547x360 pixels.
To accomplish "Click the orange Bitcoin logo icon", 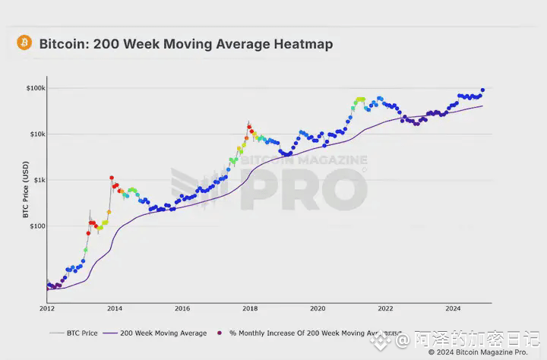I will (x=24, y=43).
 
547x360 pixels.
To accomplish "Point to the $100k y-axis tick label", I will (x=35, y=88).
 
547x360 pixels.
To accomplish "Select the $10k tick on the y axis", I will (x=36, y=134).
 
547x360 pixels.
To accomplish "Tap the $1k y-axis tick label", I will (x=38, y=181).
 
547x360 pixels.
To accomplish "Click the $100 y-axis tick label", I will (x=36, y=226).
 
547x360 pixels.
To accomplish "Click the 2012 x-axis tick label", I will (x=47, y=308).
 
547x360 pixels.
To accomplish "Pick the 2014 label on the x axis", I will (x=115, y=308).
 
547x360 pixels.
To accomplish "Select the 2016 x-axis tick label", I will (x=182, y=308).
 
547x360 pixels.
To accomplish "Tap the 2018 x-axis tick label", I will (x=250, y=308).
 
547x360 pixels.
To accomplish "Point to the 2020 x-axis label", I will (x=318, y=308).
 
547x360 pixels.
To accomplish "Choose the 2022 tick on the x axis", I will (x=385, y=308).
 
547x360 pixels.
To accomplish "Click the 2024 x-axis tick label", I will (x=453, y=308).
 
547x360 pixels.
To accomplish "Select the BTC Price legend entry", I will (x=81, y=333).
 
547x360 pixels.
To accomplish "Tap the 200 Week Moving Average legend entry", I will (x=163, y=333).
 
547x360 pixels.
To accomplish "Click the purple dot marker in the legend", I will (x=220, y=333).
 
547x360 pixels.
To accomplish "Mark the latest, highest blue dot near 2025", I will (x=483, y=90).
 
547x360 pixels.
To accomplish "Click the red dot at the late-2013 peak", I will (x=112, y=178).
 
